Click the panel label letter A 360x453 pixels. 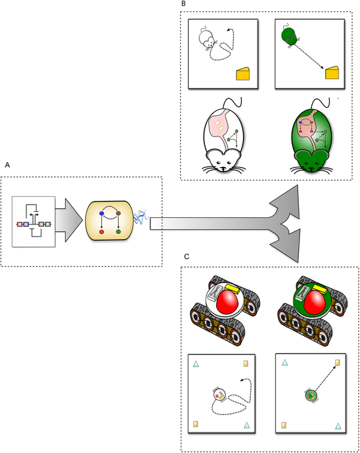(7, 164)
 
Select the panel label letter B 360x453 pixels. (183, 4)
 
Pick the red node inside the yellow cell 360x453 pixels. (102, 232)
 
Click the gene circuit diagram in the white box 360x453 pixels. (34, 223)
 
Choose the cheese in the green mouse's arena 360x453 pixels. (332, 73)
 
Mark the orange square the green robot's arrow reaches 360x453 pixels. (338, 363)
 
